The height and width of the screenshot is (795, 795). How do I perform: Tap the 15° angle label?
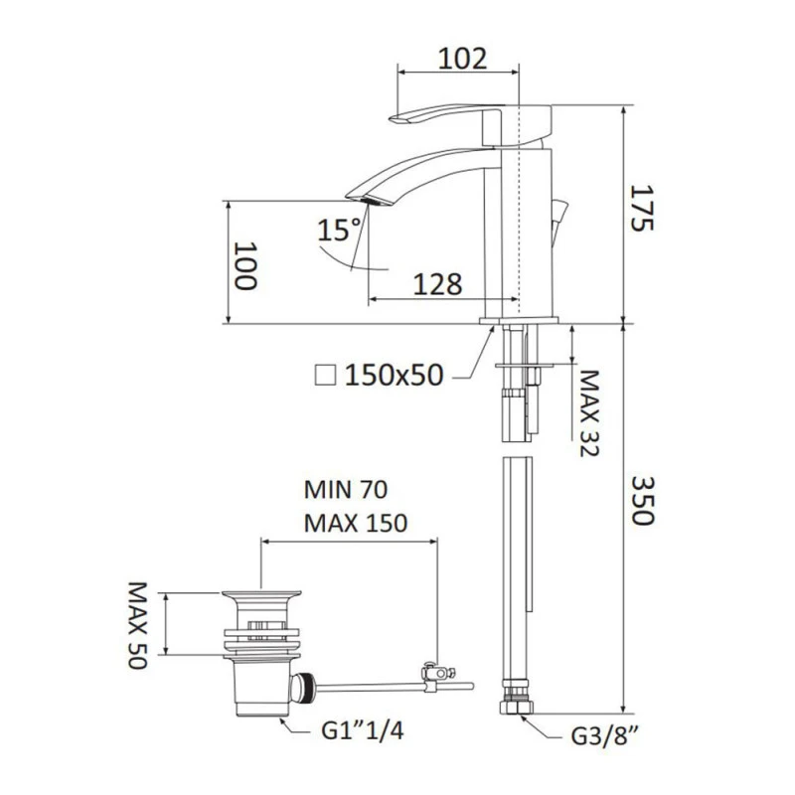339,231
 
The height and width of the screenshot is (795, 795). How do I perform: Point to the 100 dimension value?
245,265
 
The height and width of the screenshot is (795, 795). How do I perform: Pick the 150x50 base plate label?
393,375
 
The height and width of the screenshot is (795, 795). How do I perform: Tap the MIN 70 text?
345,490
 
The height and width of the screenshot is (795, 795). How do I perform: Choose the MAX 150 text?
356,524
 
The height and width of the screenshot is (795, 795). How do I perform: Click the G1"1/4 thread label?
363,731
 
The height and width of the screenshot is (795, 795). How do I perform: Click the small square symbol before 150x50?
323,375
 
